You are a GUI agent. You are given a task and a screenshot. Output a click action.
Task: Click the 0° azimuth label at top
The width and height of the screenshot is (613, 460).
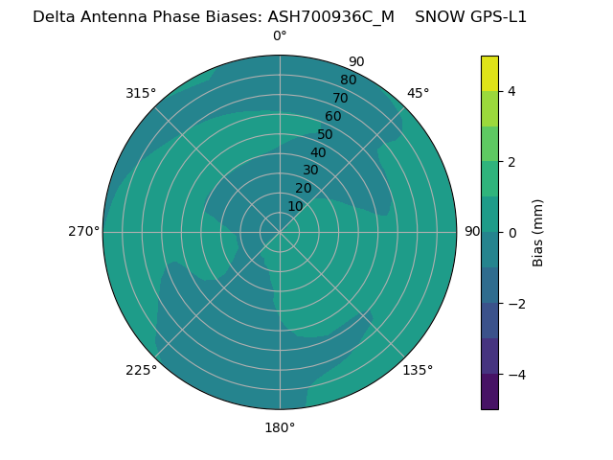[x=280, y=36]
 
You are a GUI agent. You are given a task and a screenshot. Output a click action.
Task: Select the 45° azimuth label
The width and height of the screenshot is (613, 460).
[x=418, y=93]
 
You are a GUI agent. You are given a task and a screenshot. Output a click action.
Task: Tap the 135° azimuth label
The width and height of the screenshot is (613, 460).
[x=418, y=370]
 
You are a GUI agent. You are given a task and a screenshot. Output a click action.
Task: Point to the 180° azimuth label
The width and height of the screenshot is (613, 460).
[x=280, y=427]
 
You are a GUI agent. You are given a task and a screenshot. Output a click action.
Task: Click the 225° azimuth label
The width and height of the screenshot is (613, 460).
[x=141, y=370]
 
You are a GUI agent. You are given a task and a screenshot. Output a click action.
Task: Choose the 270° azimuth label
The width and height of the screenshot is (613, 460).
[x=83, y=231]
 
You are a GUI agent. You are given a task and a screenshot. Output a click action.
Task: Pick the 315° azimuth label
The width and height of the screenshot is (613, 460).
[x=141, y=93]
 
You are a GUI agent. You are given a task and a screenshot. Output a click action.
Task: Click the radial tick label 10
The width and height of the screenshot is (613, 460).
[x=295, y=206]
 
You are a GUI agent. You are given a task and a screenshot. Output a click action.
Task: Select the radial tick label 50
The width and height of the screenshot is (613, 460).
[x=326, y=135]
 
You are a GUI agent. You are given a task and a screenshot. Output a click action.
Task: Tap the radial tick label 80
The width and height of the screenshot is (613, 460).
[x=348, y=80]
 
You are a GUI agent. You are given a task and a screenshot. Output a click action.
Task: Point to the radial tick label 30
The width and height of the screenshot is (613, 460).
[x=310, y=171]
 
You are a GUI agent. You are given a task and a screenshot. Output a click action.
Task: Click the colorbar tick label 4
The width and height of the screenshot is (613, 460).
[x=511, y=91]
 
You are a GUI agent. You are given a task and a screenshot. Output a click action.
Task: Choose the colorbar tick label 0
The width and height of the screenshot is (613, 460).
[x=511, y=233]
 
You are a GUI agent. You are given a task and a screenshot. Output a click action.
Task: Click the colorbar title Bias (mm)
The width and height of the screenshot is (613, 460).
[x=538, y=233]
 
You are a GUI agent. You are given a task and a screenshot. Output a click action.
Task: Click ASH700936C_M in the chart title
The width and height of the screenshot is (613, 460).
[x=330, y=16]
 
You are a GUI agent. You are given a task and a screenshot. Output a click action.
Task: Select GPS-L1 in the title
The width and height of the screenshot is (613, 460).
[x=496, y=16]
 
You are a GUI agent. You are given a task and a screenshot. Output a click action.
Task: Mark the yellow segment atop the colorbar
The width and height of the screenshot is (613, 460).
[x=489, y=73]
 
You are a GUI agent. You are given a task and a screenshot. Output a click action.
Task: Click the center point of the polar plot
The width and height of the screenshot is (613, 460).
[x=280, y=232]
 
